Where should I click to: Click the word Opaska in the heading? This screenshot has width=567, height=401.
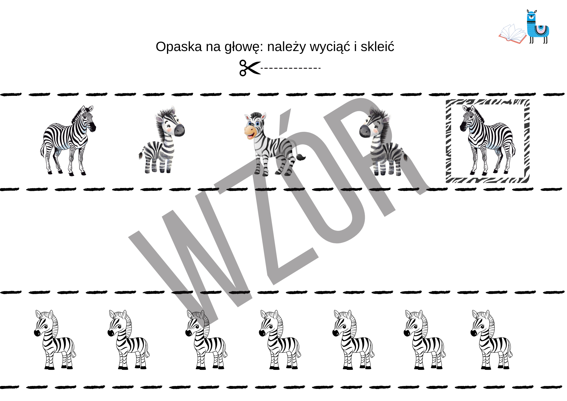coord(179,47)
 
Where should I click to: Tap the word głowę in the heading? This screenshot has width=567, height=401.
coord(242,48)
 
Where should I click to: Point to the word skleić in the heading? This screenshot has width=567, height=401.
coord(377,47)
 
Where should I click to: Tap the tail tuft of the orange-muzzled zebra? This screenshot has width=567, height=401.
coord(301,157)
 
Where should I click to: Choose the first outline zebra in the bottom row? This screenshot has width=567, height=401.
coord(55,339)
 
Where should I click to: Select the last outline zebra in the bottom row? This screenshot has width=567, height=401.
coord(491,339)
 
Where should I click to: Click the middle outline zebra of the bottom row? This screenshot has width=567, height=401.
coord(280,339)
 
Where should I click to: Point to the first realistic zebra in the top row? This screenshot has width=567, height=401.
coord(68,141)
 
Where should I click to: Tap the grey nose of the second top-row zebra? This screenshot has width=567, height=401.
coord(179,130)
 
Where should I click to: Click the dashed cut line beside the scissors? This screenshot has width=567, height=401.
coord(291,68)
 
